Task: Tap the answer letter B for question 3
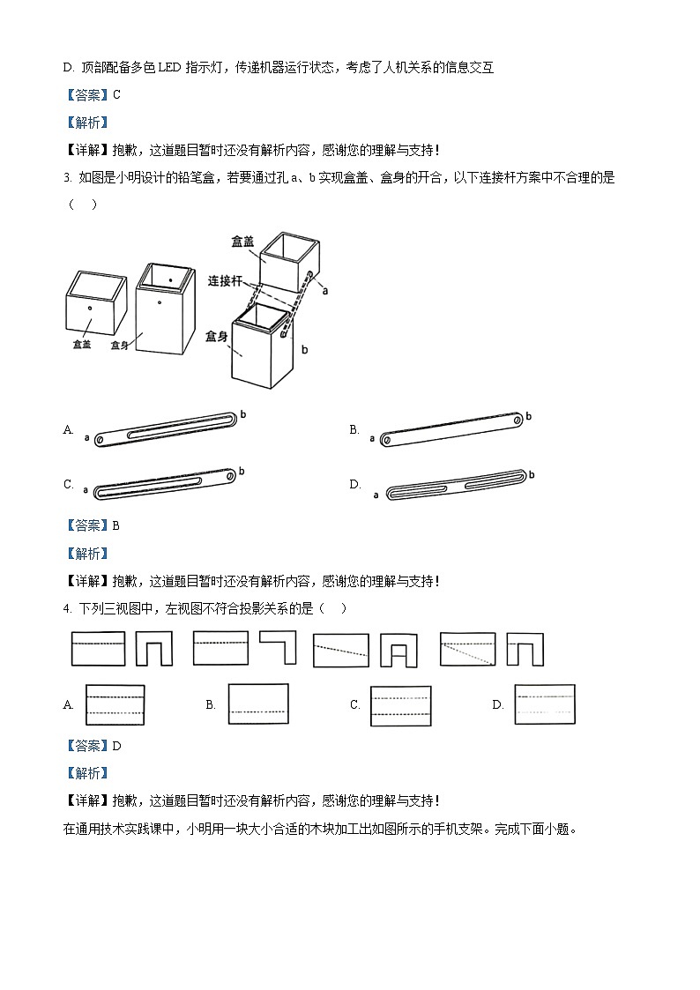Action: click(116, 525)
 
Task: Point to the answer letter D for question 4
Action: click(117, 746)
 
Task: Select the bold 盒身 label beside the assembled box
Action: click(217, 337)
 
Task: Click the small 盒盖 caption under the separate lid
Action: click(81, 345)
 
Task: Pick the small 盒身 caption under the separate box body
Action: click(120, 346)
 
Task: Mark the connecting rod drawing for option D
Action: click(457, 484)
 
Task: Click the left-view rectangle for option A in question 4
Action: click(115, 704)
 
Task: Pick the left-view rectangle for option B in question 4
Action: click(257, 703)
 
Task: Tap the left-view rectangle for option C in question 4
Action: click(401, 706)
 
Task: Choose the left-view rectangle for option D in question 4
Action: click(545, 704)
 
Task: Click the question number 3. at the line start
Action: click(67, 178)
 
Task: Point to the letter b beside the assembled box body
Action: click(304, 350)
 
